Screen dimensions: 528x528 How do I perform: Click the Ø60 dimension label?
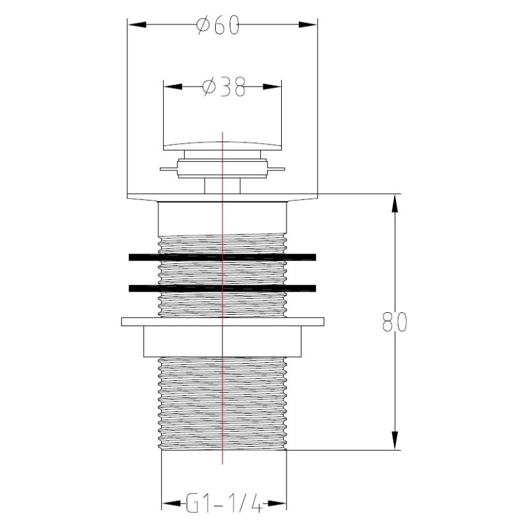click(218, 25)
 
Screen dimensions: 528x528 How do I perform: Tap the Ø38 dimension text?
click(224, 87)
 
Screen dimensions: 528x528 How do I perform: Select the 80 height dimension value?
click(395, 322)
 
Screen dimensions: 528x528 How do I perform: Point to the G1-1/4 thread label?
click(224, 504)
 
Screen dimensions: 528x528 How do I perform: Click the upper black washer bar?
click(222, 257)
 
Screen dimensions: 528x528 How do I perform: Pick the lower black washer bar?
click(222, 288)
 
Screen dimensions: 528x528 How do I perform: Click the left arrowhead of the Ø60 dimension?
click(137, 24)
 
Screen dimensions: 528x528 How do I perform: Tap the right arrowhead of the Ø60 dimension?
click(308, 24)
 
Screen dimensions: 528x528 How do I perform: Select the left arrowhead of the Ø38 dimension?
click(173, 86)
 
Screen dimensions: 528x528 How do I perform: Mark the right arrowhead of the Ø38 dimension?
click(272, 86)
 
